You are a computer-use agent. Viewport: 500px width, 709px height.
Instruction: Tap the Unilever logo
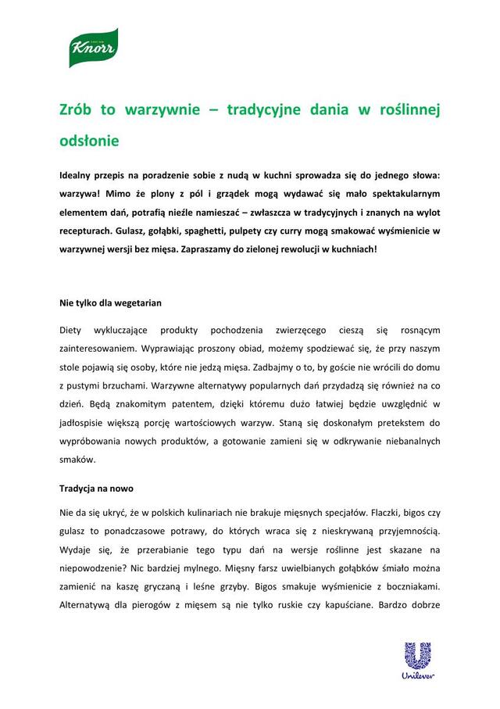click(x=416, y=661)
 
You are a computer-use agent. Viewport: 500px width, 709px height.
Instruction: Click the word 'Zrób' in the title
click(x=78, y=110)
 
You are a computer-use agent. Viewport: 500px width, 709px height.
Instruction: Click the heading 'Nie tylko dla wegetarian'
click(x=111, y=302)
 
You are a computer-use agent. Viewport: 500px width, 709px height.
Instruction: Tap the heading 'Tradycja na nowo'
click(x=96, y=489)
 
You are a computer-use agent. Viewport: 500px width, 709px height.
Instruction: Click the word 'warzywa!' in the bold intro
click(x=80, y=192)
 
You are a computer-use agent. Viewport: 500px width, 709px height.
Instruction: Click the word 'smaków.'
click(x=77, y=461)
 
